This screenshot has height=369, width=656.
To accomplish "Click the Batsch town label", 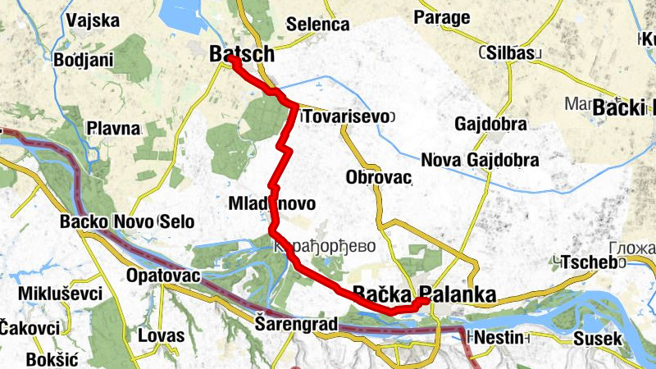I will (x=241, y=52).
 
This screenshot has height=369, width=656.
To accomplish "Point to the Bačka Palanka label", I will (x=424, y=294).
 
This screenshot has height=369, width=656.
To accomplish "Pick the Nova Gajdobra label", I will (x=479, y=159).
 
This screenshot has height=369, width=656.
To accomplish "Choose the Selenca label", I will (x=317, y=24).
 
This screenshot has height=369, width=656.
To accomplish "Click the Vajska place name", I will (x=94, y=20).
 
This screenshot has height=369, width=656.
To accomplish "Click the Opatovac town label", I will (x=164, y=276).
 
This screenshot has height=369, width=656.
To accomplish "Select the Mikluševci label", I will (x=51, y=294).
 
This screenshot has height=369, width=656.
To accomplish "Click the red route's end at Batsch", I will (x=233, y=60).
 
